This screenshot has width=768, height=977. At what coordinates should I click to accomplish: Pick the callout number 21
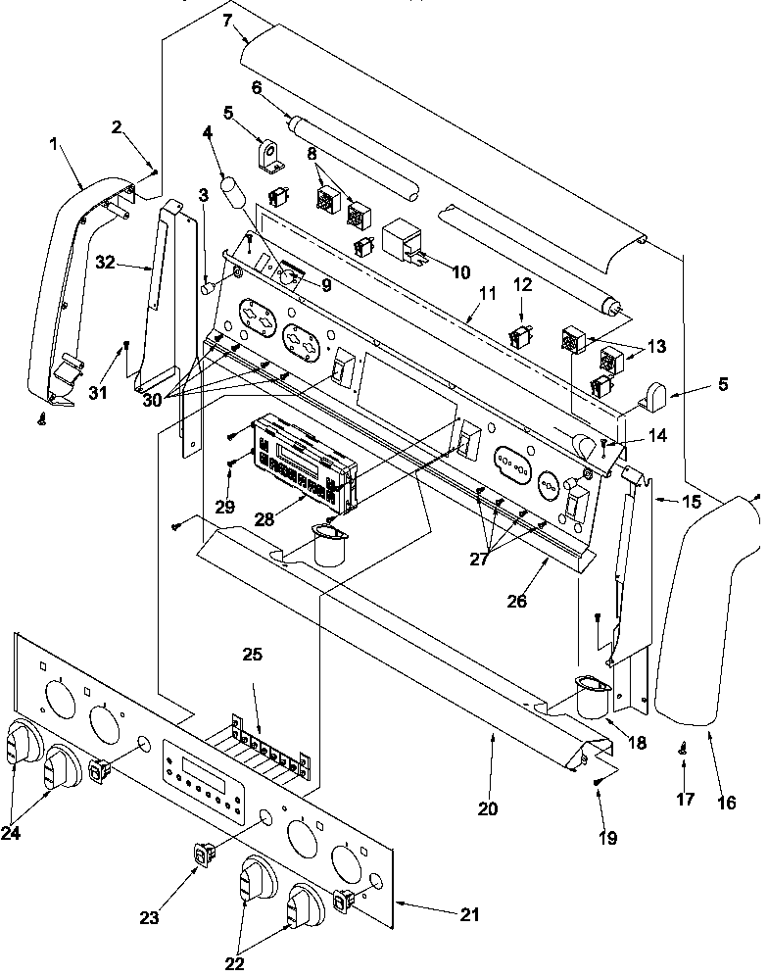point(470,915)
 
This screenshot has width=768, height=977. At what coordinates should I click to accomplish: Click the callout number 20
point(488,808)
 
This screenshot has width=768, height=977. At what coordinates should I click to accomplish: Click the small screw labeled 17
point(680,750)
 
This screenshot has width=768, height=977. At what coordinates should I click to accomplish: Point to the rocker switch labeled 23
point(205,855)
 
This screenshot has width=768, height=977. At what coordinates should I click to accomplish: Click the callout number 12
point(522,284)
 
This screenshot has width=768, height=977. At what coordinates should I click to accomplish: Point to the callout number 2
point(118,126)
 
